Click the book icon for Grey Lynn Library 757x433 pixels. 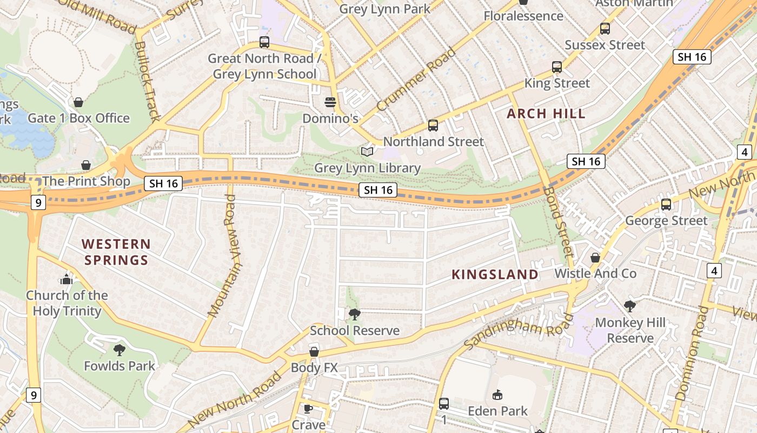coord(367,152)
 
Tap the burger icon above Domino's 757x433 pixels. coord(330,102)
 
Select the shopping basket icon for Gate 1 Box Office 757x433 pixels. coord(78,102)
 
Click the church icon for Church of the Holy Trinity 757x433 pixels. coord(67,279)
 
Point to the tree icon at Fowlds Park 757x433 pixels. coord(119,350)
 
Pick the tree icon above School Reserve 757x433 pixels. coord(355,314)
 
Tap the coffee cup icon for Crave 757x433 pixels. coord(308,409)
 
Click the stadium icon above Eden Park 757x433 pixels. coord(497,395)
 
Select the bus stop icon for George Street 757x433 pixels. coord(666,205)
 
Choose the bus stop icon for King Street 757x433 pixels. coord(557,67)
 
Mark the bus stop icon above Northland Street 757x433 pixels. coord(433,126)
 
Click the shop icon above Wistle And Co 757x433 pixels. coord(595,258)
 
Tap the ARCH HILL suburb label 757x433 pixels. coord(546,114)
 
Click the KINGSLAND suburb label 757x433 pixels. coord(495,274)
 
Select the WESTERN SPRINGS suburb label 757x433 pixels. coord(116,252)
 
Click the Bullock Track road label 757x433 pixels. coord(147,81)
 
